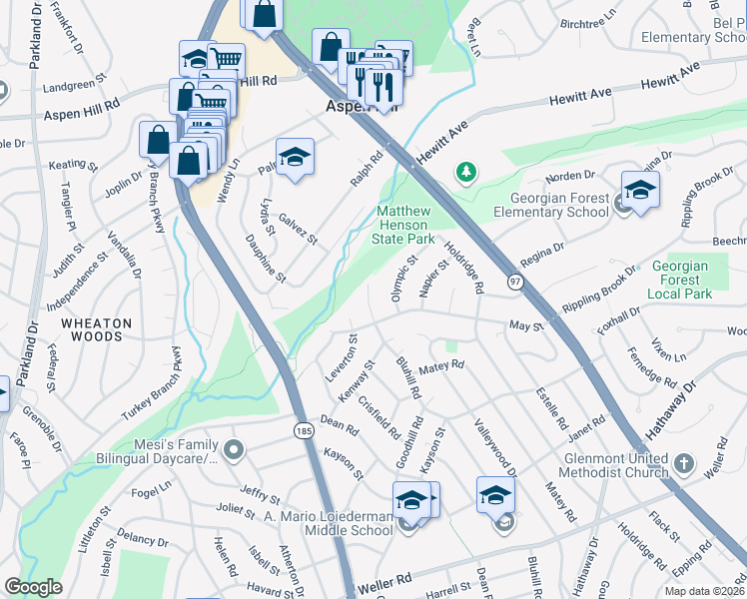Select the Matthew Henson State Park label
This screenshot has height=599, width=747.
[x=403, y=226]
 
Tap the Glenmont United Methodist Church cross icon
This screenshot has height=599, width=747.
[x=683, y=464]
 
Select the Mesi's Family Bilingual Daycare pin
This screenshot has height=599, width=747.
[x=235, y=450]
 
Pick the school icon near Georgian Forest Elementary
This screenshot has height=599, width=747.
[x=640, y=189]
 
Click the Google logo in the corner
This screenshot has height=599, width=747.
[x=33, y=587]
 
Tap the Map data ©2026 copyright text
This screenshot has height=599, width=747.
[x=703, y=591]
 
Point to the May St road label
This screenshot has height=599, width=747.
[x=525, y=325]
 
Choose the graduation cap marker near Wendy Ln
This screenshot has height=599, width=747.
[x=295, y=158]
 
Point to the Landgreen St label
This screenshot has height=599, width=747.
[x=73, y=85]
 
